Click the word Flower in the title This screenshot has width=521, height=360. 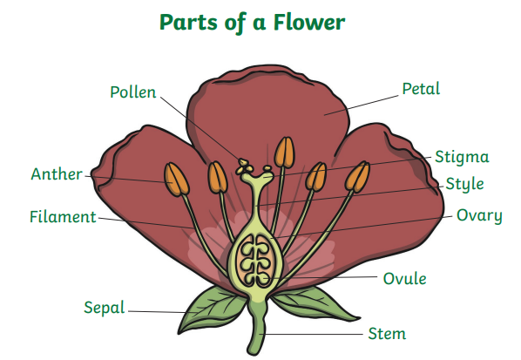[x=309, y=23]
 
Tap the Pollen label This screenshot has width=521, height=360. [x=133, y=92]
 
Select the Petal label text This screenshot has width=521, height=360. [x=421, y=88]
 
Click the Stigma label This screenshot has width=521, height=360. [x=462, y=157]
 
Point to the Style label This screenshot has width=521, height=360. [x=464, y=185]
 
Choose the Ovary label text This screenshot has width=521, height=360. [x=479, y=216]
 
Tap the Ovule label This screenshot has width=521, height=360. [x=404, y=279]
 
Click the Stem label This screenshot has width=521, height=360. [x=387, y=333]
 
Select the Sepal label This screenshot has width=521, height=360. [x=104, y=308]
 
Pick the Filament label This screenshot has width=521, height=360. [x=63, y=217]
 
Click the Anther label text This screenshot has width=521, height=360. [x=57, y=173]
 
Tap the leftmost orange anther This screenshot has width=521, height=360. [x=177, y=180]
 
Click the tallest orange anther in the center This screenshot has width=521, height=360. [x=284, y=153]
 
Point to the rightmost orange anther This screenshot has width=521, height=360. [x=357, y=177]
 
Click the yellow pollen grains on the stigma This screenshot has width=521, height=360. [x=244, y=166]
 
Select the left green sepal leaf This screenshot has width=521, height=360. [x=212, y=307]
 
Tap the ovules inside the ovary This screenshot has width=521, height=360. [x=255, y=261]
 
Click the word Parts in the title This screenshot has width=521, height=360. [x=188, y=22]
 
